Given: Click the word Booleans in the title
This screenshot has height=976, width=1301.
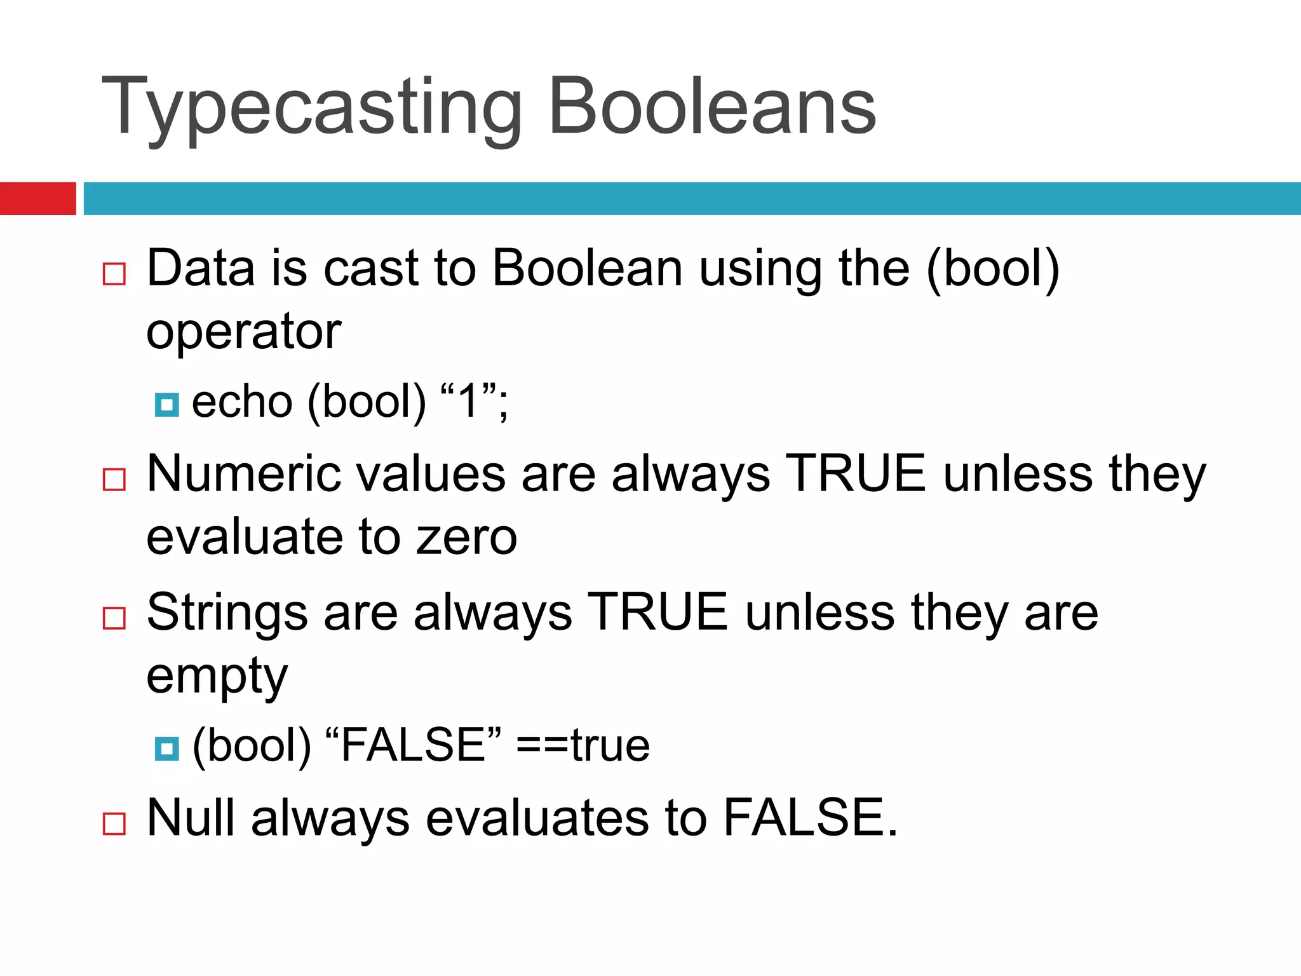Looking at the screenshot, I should [x=711, y=107].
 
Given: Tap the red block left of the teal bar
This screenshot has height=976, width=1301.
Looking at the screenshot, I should [x=37, y=198].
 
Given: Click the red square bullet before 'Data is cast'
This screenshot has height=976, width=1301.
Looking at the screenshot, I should [x=114, y=274].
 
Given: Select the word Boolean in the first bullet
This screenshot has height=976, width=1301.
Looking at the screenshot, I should [x=587, y=269].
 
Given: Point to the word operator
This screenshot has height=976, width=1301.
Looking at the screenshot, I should [x=244, y=332].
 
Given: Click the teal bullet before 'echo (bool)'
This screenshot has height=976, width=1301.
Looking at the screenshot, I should [x=167, y=404].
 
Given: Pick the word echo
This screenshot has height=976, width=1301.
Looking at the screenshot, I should [x=242, y=402].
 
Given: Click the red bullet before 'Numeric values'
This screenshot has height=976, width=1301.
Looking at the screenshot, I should [x=114, y=479].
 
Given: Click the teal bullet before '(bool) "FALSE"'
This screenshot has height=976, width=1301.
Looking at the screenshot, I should [x=167, y=749].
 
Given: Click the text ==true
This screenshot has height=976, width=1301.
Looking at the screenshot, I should [x=583, y=745].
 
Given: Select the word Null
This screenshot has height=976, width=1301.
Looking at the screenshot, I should [x=191, y=818].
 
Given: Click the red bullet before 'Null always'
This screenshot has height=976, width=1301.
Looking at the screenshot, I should [x=114, y=823].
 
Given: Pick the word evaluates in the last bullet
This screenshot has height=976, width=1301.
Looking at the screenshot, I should [x=537, y=818].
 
